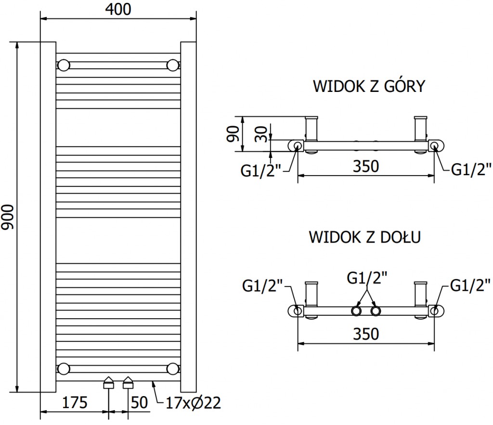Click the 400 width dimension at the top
(118, 10)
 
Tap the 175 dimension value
(75, 402)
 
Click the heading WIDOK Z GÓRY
(369, 86)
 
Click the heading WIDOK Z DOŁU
(365, 237)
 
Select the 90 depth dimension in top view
(233, 133)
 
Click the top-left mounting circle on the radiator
(63, 65)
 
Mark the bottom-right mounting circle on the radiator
(172, 369)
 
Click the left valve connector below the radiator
(109, 383)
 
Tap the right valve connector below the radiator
(128, 383)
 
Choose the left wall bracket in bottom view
(311, 295)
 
